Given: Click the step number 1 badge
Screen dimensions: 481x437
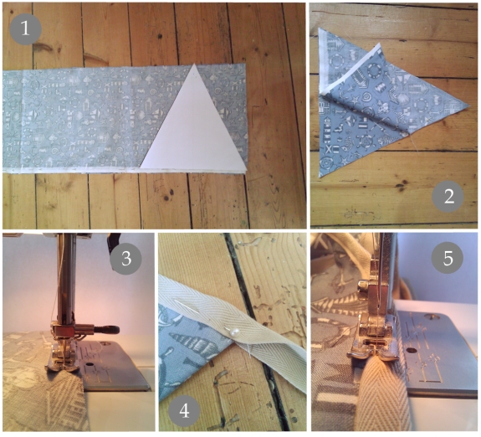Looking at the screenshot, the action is click(25, 29).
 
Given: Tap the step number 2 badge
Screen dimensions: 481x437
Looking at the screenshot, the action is click(448, 197).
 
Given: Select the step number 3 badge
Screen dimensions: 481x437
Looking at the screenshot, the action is click(125, 259).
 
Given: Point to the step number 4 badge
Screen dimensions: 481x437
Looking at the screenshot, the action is click(184, 410).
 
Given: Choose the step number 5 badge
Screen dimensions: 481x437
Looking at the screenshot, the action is click(448, 258).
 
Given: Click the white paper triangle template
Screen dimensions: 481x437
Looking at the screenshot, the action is click(194, 129).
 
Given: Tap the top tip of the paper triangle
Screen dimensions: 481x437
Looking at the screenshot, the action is click(194, 64).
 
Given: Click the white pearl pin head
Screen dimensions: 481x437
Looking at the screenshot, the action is click(235, 332).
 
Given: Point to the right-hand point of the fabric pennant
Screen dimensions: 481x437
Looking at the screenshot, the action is click(469, 105).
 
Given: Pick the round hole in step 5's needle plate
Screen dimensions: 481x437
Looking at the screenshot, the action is click(410, 349).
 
